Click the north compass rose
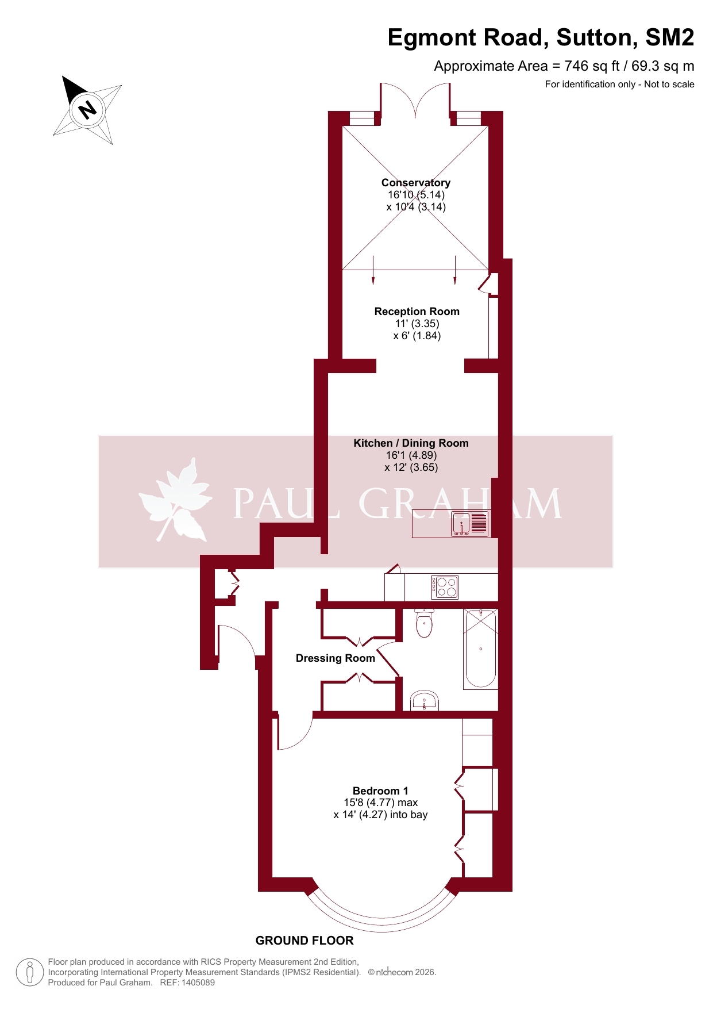pos(87,109)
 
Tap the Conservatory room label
pos(416,183)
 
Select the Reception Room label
pos(417,312)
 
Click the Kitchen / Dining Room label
pos(411,443)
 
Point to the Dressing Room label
pos(336,658)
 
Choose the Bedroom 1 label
pos(380,791)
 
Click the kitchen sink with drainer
pos(470,524)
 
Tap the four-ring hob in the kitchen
pos(445,587)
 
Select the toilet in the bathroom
pos(424,623)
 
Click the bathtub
pos(480,649)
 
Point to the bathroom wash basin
pos(425,700)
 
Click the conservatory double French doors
pos(415,101)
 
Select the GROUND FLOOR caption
pos(305,941)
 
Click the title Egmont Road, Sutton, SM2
pos(541,38)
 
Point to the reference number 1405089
pos(198,983)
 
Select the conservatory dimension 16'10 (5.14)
pos(416,195)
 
